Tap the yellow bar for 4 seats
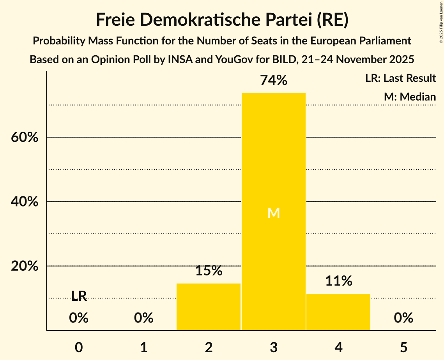(x=338, y=312)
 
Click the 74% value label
(x=274, y=81)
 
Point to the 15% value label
(x=209, y=271)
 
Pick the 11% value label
(x=338, y=281)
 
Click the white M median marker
(x=274, y=213)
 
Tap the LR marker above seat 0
(x=79, y=296)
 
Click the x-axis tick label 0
(x=79, y=347)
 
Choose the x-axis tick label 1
(x=144, y=347)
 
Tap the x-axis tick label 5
(x=403, y=347)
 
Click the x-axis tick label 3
(x=274, y=347)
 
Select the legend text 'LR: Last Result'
(x=400, y=78)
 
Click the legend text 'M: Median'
(x=410, y=97)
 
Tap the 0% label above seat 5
(x=403, y=318)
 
